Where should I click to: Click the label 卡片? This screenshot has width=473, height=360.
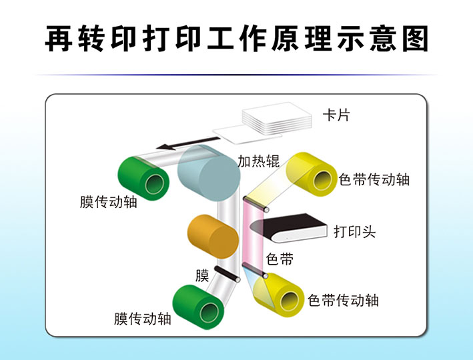336,115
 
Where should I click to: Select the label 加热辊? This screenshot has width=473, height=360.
258,161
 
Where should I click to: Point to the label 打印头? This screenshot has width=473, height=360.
354,232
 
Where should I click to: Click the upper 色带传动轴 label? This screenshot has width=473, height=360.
374,180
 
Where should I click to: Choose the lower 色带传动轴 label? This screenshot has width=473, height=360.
343,300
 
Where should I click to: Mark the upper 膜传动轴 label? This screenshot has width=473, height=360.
108,202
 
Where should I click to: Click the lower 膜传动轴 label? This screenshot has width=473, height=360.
142,319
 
